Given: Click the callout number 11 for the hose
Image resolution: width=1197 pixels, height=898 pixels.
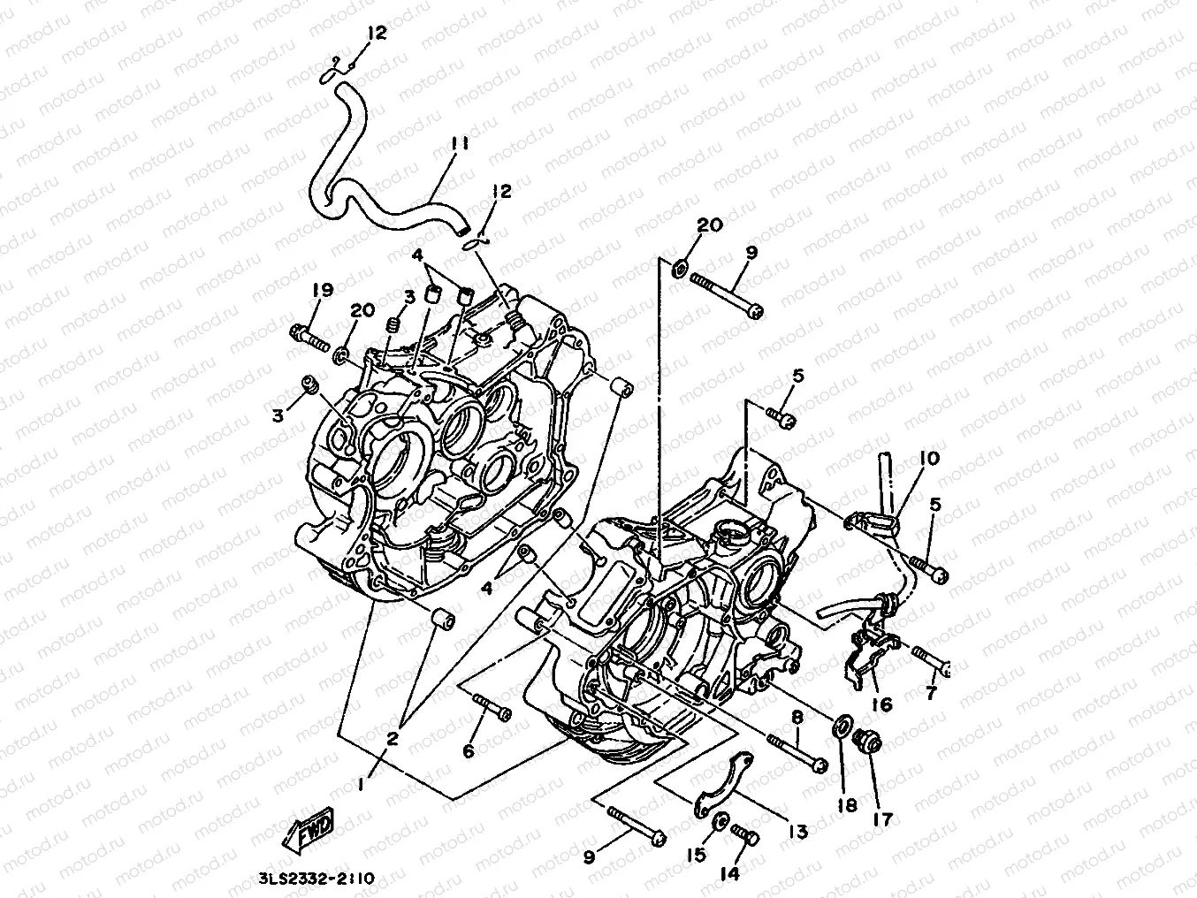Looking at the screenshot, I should [x=458, y=142].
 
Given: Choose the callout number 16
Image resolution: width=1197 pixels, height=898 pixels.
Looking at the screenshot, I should [x=881, y=704].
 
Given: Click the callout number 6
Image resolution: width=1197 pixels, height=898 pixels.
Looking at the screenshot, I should [x=469, y=750].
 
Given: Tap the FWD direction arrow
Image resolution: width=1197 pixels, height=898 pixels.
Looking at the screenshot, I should [x=309, y=832].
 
